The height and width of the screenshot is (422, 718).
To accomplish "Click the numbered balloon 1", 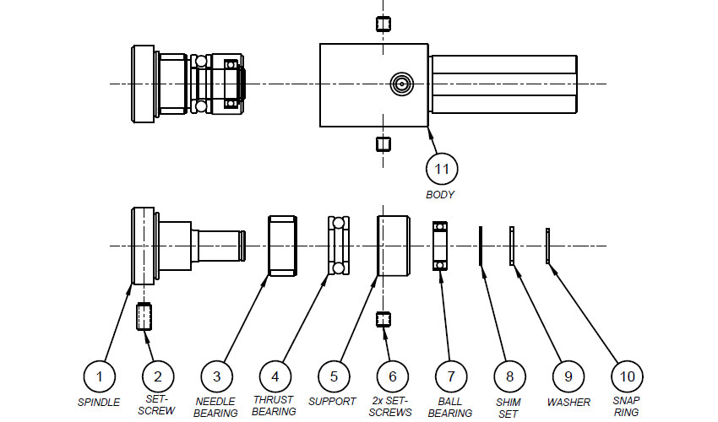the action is [100, 376].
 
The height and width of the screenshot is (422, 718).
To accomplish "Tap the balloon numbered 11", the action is [442, 169].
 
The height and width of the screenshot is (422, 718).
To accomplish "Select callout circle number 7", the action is [451, 376].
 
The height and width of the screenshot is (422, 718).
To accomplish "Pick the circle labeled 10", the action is [627, 376].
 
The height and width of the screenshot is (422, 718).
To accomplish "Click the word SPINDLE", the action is [99, 403].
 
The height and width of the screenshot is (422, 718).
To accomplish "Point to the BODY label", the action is [440, 194].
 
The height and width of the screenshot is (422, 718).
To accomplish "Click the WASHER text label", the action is [568, 403].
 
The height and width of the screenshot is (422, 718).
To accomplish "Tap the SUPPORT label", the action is [332, 402].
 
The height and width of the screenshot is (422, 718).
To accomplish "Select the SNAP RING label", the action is [627, 406].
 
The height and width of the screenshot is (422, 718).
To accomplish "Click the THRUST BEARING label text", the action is [274, 405].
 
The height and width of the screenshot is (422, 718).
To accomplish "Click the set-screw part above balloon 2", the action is [144, 316].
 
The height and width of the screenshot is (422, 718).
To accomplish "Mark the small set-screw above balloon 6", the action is [383, 319].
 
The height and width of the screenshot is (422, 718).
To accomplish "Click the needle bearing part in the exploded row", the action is [282, 246].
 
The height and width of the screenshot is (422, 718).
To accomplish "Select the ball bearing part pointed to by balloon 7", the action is [440, 246].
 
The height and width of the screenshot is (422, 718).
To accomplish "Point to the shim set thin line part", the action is [481, 246].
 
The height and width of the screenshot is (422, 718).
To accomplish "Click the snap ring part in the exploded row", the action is [547, 246].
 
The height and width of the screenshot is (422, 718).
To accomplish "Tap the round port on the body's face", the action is [401, 84].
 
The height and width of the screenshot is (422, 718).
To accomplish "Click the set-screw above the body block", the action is [383, 24].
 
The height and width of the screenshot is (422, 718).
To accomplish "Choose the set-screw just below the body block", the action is [383, 144].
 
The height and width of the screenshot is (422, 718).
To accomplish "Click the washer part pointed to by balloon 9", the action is [512, 246].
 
